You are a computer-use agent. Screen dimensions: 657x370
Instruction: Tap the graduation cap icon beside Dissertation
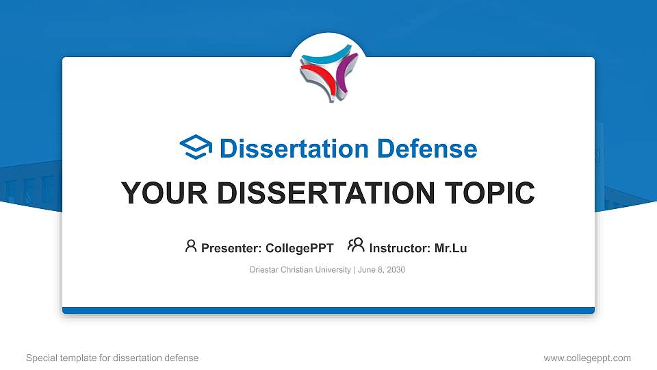coord(196,147)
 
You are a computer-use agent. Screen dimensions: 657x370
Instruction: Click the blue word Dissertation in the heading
coord(294,149)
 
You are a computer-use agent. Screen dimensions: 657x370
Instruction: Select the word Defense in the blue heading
coord(427,149)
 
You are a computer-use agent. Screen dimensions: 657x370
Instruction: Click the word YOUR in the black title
coord(164,193)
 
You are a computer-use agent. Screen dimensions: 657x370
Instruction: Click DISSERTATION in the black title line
coord(326,193)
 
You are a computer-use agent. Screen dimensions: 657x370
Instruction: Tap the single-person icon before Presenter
coord(191,246)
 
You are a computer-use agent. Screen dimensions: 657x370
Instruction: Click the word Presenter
coord(231,248)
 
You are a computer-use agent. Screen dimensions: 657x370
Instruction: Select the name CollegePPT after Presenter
coord(300,248)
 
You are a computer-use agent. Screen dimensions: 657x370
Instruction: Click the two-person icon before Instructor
coord(356,245)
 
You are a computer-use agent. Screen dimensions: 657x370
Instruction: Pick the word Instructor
coord(400,248)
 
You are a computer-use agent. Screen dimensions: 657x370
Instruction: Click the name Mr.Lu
coord(450,248)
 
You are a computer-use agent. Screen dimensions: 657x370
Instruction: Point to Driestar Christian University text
coord(300,270)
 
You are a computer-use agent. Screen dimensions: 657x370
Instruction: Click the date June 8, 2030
coord(381,270)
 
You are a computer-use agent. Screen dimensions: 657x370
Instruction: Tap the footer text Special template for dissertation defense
coord(112,358)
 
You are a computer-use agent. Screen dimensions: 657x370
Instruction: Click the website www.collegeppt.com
coord(587,358)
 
